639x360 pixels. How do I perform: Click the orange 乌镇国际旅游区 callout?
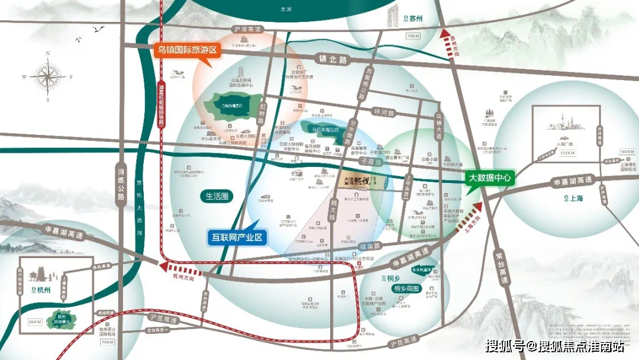(186, 50)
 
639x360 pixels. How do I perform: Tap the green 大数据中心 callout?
(490, 177)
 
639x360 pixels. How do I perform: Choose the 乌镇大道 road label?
(438, 125)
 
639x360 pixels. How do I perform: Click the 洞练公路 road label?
(121, 186)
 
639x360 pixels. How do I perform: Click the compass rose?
(48, 76)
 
